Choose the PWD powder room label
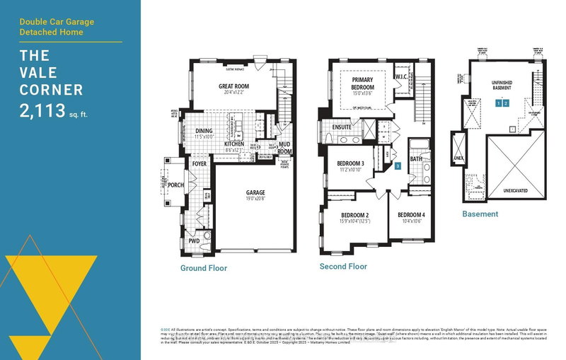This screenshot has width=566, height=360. (193, 241)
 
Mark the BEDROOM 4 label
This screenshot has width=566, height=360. (410, 215)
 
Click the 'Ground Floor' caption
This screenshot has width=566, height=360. (202, 268)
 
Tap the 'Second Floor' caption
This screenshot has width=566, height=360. (343, 266)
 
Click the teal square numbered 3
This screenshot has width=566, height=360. (398, 166)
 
